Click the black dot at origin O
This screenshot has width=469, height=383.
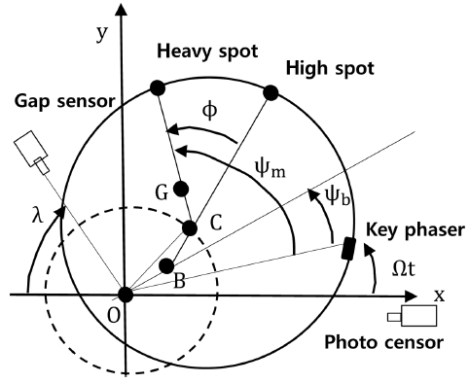(126, 295)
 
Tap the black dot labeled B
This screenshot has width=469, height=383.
(166, 265)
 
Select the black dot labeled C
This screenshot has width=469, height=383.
(191, 227)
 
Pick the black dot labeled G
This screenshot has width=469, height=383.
(180, 188)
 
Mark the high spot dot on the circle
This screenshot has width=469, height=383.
(271, 93)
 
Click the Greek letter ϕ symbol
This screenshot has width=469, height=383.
(211, 113)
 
